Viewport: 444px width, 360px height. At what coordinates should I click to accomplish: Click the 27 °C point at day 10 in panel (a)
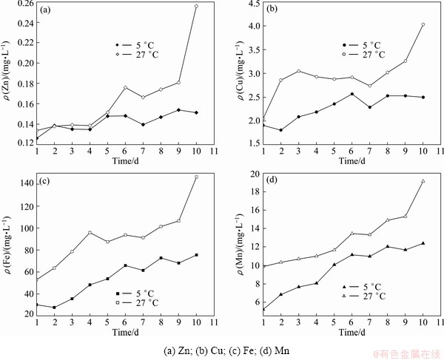196,6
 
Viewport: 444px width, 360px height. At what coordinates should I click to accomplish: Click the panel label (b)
272,10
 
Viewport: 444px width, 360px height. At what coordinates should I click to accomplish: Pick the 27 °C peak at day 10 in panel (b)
423,24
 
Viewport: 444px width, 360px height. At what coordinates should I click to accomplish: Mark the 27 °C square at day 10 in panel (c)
196,177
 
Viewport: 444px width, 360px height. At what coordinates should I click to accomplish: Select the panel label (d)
273,180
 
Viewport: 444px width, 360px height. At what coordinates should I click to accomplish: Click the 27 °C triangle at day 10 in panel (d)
423,181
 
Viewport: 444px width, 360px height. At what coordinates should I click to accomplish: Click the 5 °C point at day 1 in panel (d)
263,310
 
